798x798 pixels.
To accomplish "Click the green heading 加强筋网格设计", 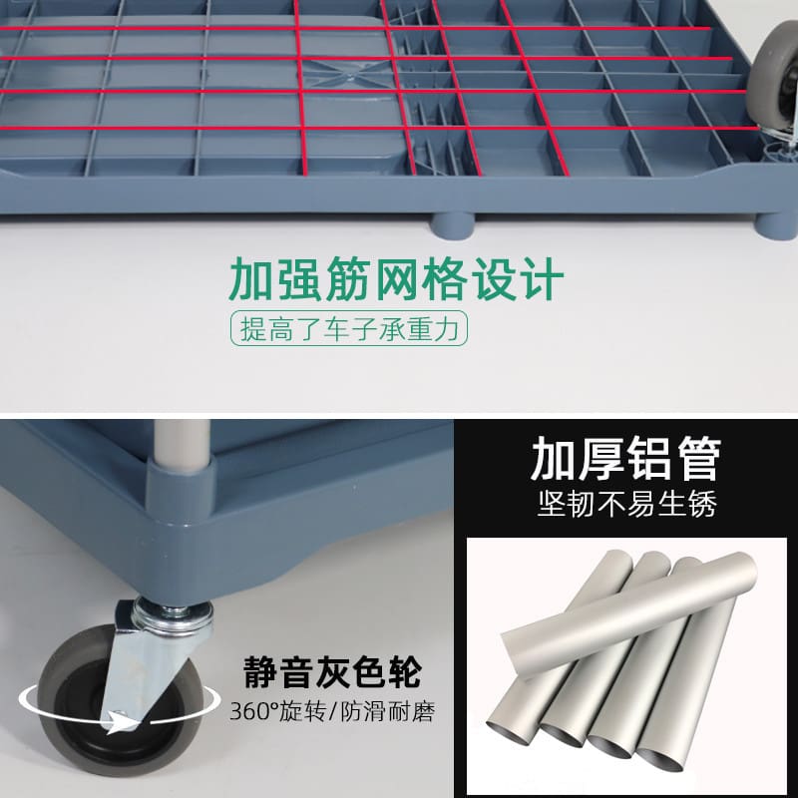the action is pos(396,279).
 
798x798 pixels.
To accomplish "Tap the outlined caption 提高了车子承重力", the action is pos(349,329).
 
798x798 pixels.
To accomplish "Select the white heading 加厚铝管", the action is pos(626,459).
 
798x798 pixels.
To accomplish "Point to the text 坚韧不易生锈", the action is pos(626,504).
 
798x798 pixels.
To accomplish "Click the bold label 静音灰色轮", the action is pos(333,671).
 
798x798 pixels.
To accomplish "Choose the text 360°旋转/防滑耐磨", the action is pos(332,711).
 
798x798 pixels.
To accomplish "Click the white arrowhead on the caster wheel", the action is pos(122,721).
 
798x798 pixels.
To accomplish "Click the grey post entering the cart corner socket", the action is pos(182,441).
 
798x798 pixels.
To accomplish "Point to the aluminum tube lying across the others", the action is pos(630,614).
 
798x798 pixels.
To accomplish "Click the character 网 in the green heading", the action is pos(396,279).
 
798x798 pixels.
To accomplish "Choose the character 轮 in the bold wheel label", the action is pos(404,671).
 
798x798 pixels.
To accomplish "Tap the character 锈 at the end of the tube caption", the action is pos(702,504).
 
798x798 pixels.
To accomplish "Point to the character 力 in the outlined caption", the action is pos(446,329).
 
